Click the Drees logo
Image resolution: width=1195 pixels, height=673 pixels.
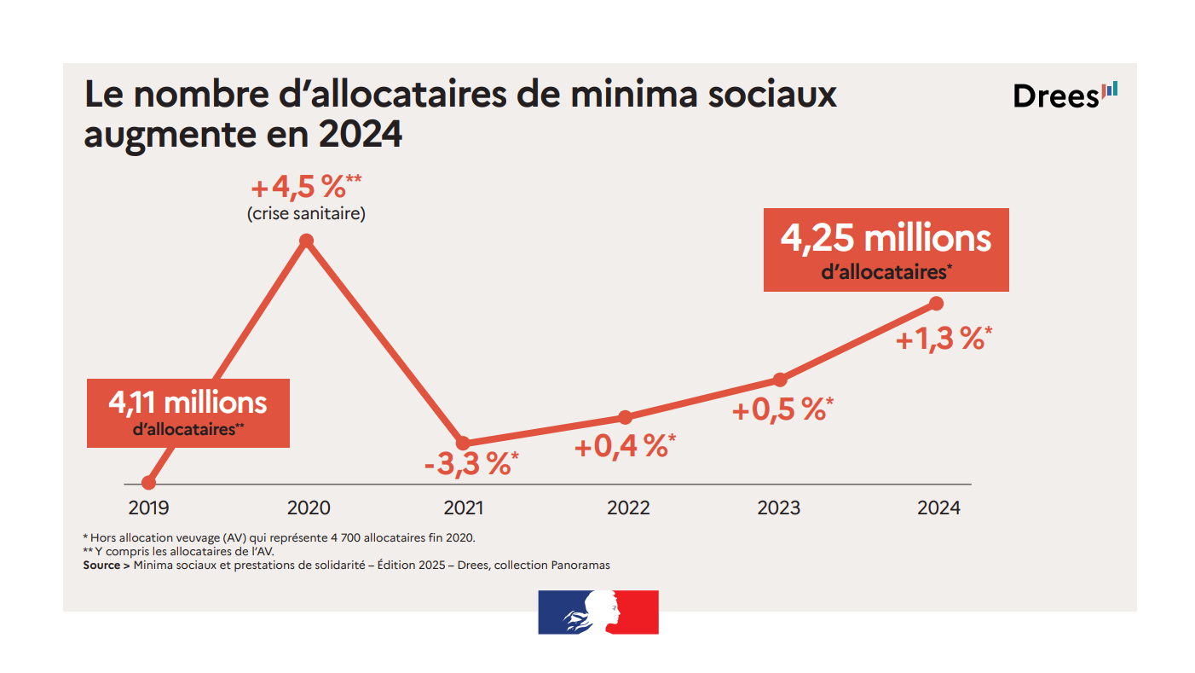coord(1064,96)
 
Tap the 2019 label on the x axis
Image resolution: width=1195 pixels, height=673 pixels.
coord(148,508)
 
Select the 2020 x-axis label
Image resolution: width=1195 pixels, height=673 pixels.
coord(309,508)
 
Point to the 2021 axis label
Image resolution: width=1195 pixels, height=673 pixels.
coord(464,508)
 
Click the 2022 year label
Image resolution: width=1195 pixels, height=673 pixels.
coord(628,508)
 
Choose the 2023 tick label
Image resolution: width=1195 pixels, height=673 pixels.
coord(779,508)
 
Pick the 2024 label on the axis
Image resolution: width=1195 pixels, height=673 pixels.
coord(938,508)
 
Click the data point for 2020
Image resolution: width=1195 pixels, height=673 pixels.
coord(307,241)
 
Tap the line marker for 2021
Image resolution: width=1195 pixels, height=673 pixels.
coord(463,443)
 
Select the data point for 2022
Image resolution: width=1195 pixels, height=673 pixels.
coord(625,417)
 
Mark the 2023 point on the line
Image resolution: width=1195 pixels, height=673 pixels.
coord(779,380)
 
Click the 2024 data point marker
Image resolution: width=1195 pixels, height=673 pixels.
coord(936,304)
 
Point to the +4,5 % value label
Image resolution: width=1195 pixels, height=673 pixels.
coord(306,188)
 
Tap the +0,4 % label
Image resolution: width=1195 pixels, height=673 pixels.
coord(625,445)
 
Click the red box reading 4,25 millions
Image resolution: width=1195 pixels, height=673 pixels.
coord(886,249)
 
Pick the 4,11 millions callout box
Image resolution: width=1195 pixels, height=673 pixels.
coord(188,413)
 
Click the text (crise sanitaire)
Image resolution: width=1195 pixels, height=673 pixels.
coord(306,213)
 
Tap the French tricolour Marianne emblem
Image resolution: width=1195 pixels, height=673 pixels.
coord(598,612)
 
